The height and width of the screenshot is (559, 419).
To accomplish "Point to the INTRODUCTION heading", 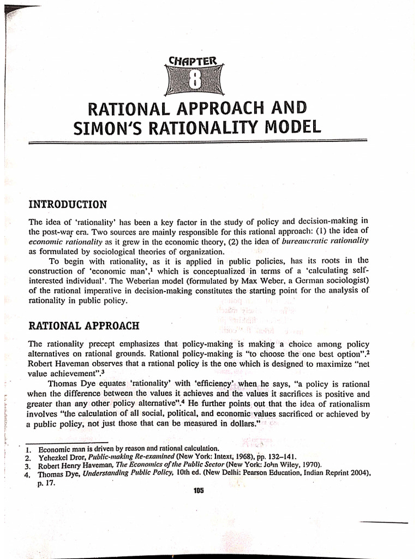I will (67, 205).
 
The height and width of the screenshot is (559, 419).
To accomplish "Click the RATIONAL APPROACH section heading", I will (83, 326).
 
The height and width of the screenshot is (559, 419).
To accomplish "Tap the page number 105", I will (197, 490).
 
